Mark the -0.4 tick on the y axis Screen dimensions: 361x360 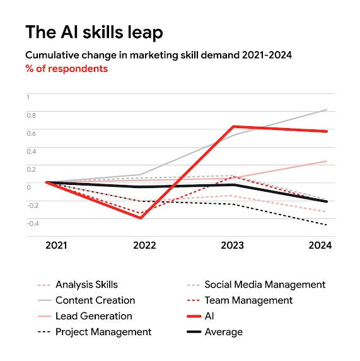32,223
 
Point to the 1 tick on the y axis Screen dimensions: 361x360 28,97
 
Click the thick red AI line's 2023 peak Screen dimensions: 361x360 234,127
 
